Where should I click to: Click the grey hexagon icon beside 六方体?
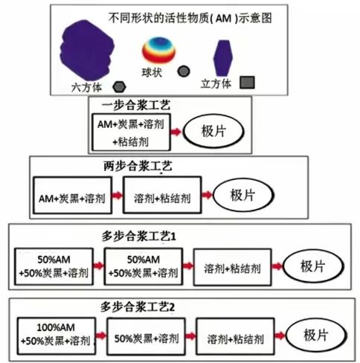pos(119,87)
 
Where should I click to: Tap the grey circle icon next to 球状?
pos(184,71)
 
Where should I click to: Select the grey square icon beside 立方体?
pos(247,83)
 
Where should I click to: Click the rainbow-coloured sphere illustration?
pos(159,50)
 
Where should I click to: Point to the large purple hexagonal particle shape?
pos(87,51)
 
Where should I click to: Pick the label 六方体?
pos(86,88)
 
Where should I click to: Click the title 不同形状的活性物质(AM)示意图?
pos(190,18)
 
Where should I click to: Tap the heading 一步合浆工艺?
pos(136,105)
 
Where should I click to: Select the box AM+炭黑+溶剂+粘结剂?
pos(131,132)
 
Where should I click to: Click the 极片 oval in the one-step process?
pos(213,131)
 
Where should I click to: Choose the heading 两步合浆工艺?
pos(138,166)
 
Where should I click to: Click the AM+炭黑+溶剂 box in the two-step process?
pos(72,195)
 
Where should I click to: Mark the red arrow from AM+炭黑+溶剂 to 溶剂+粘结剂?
pos(118,195)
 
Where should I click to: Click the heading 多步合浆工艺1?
pos(139,237)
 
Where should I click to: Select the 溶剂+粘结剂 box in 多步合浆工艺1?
pos(232,267)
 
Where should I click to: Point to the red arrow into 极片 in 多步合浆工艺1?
pos(277,266)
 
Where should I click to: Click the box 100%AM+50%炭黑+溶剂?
pos(57,336)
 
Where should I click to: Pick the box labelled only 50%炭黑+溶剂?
pos(146,337)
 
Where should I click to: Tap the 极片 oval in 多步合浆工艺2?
pos(316,335)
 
